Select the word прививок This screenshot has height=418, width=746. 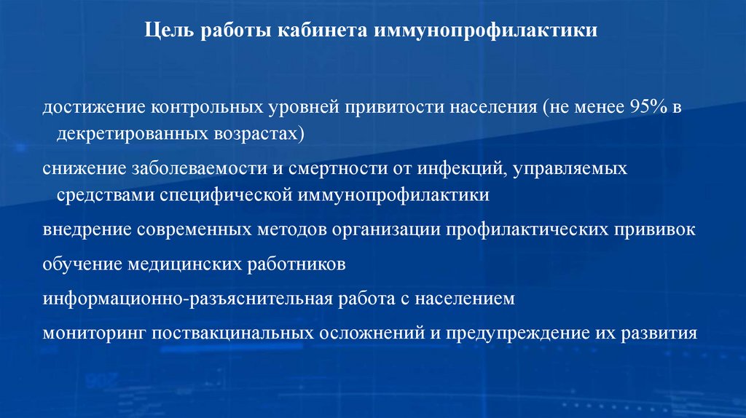click(x=659, y=229)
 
